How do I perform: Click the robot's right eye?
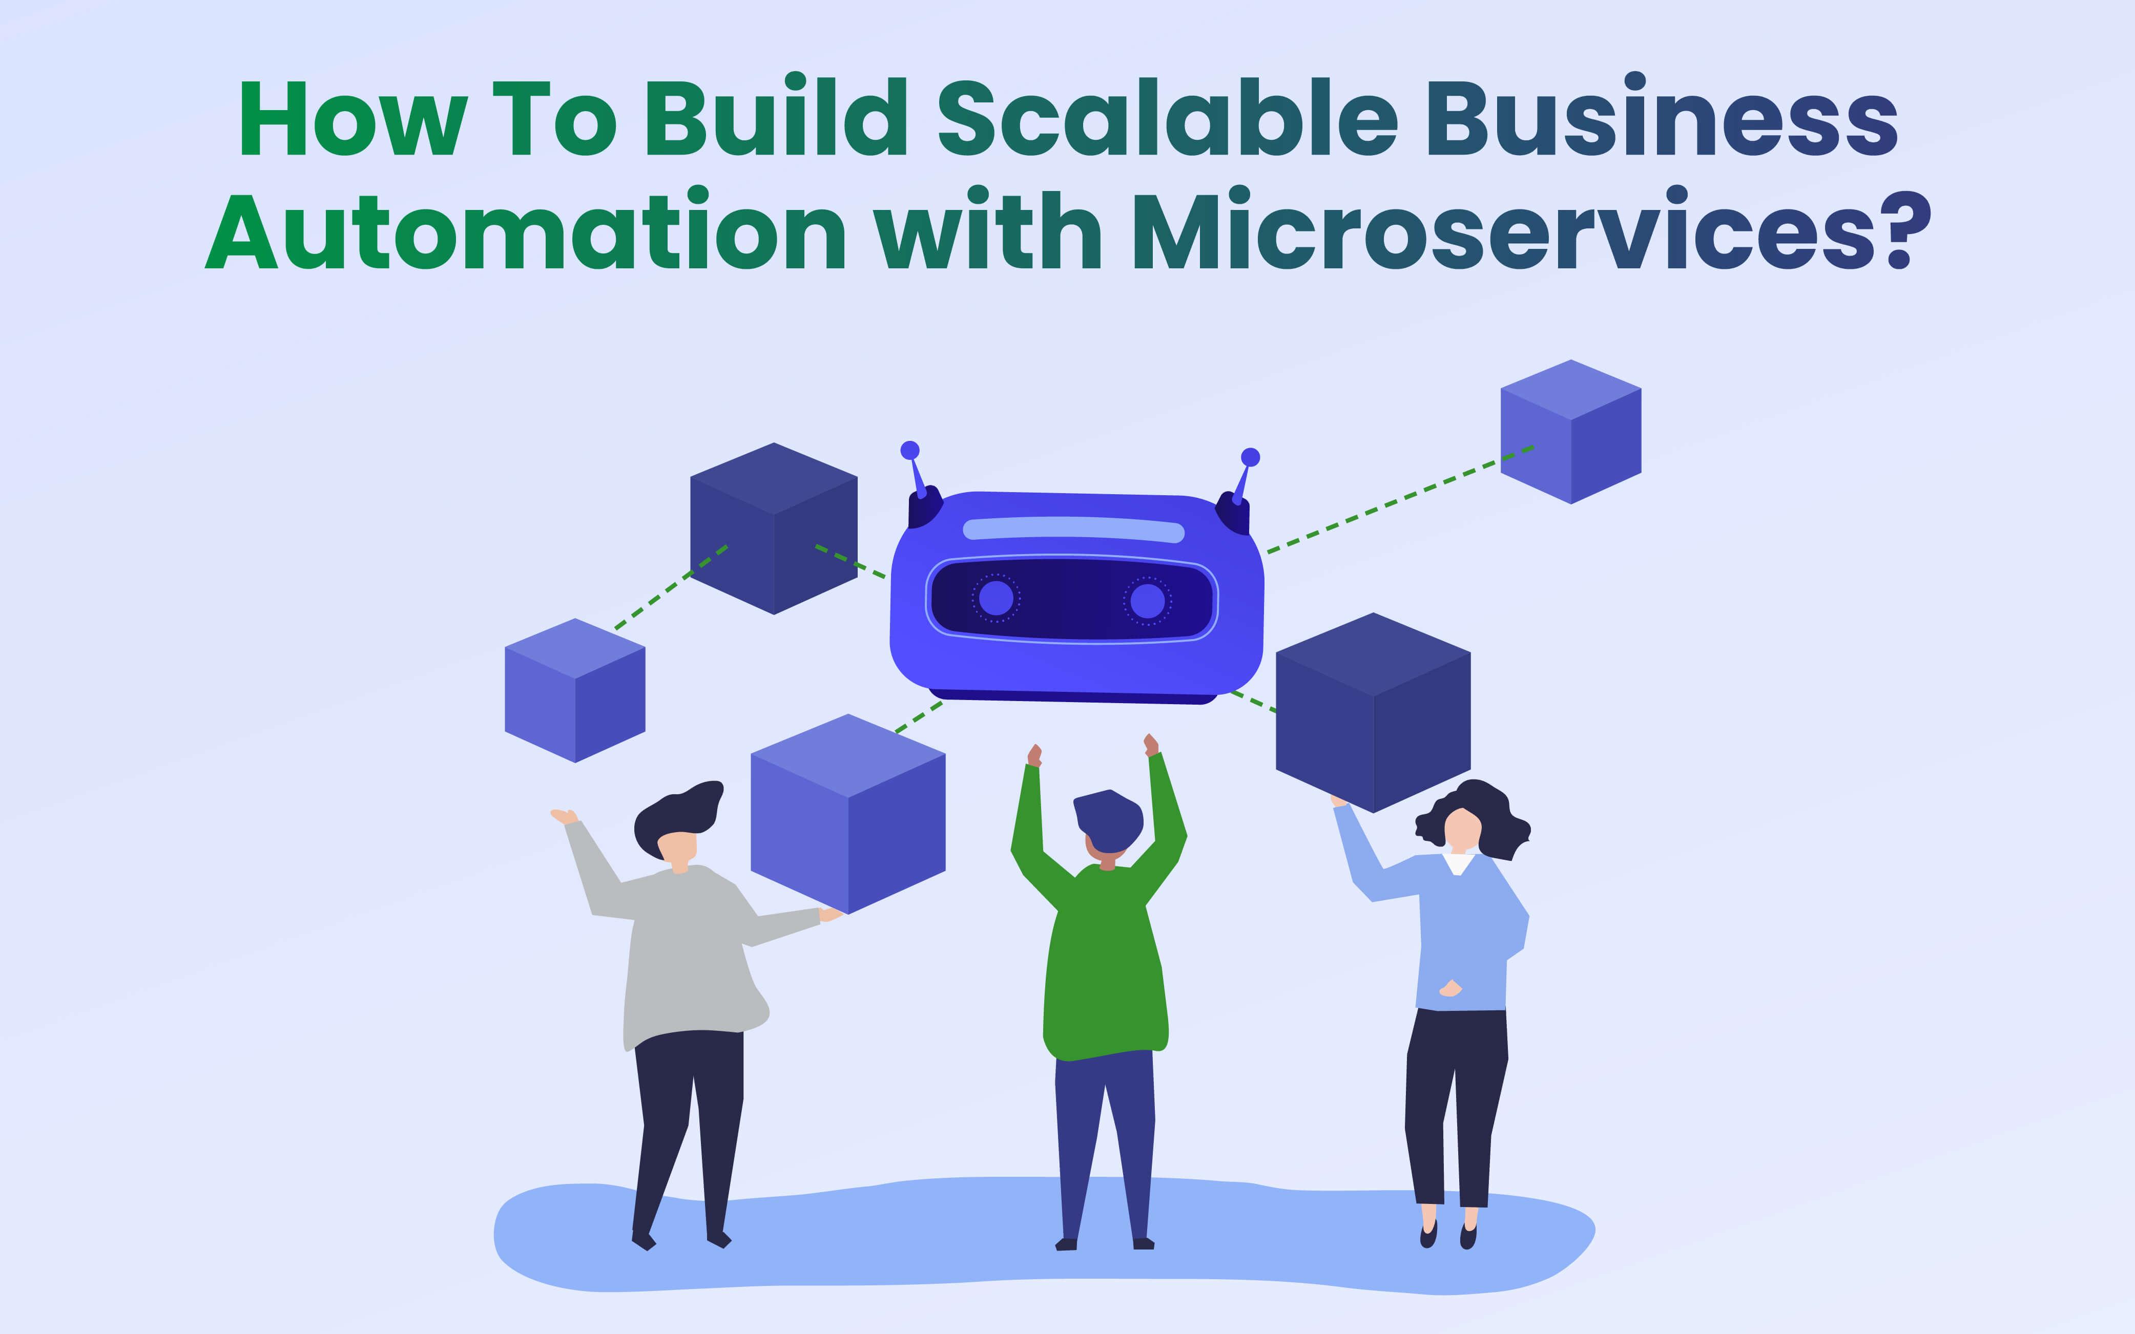pyautogui.click(x=1147, y=601)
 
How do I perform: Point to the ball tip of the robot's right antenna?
pyautogui.click(x=1250, y=457)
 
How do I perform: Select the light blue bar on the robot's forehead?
pyautogui.click(x=1073, y=530)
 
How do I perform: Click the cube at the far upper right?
pyautogui.click(x=1571, y=432)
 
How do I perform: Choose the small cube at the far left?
pyautogui.click(x=574, y=690)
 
